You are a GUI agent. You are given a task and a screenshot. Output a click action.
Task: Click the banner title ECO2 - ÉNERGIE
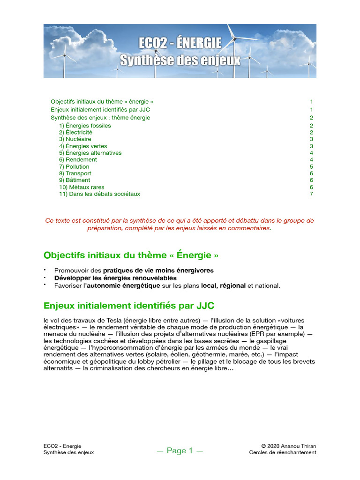(180, 44)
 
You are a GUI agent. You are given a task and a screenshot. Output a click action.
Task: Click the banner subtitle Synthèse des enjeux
(180, 60)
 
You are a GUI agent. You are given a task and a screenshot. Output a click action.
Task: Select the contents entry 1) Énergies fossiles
(85, 126)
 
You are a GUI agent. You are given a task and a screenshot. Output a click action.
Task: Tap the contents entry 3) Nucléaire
(75, 139)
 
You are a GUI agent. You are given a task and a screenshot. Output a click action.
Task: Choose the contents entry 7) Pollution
(74, 166)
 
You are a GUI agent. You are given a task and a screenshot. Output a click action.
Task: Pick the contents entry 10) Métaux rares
(82, 187)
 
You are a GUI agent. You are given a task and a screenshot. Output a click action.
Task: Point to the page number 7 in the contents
(311, 194)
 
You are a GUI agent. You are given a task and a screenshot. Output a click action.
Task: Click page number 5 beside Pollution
(311, 166)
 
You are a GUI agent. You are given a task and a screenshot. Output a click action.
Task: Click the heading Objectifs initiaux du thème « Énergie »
(131, 255)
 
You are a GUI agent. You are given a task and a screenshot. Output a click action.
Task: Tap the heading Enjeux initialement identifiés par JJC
(129, 306)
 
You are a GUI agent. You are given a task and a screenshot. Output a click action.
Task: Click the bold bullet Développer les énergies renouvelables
(115, 278)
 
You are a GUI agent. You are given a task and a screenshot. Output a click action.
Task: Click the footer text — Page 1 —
(180, 451)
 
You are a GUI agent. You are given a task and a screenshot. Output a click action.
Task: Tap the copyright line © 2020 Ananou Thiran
(289, 446)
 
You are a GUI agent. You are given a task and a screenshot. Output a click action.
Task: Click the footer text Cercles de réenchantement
(283, 452)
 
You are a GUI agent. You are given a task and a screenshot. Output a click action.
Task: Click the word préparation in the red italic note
(104, 228)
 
